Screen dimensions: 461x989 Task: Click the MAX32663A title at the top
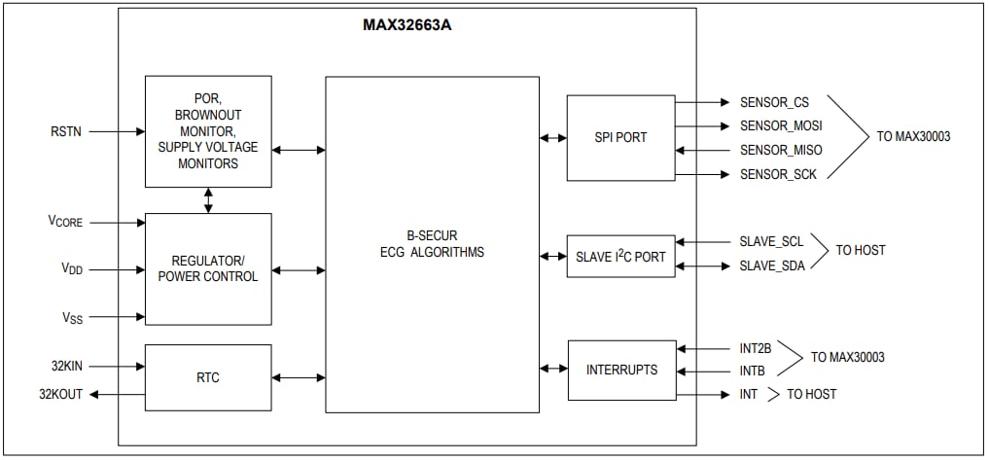tap(406, 25)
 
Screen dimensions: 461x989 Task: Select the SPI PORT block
tap(620, 137)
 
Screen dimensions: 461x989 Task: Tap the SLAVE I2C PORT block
tap(620, 257)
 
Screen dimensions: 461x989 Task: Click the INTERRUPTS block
tap(621, 370)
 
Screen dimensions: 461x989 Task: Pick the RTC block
tap(208, 377)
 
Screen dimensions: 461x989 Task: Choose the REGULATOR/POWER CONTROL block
tap(208, 268)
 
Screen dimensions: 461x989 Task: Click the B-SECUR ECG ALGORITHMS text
tap(432, 244)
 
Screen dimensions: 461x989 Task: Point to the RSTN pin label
tap(67, 130)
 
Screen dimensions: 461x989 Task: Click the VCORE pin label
tap(66, 222)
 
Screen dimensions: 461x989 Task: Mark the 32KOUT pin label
tap(60, 394)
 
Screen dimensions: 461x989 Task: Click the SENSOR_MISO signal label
tap(780, 150)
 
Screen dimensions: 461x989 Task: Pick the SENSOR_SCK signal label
tap(778, 174)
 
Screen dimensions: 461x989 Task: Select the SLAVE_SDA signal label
tap(772, 266)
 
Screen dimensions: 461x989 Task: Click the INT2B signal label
tap(756, 346)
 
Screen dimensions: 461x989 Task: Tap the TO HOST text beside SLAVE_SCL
tap(861, 251)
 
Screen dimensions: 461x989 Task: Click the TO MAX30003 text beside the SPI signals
tap(913, 137)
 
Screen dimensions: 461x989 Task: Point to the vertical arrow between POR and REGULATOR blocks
tap(208, 200)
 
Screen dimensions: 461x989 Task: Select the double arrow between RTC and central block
tap(299, 377)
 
